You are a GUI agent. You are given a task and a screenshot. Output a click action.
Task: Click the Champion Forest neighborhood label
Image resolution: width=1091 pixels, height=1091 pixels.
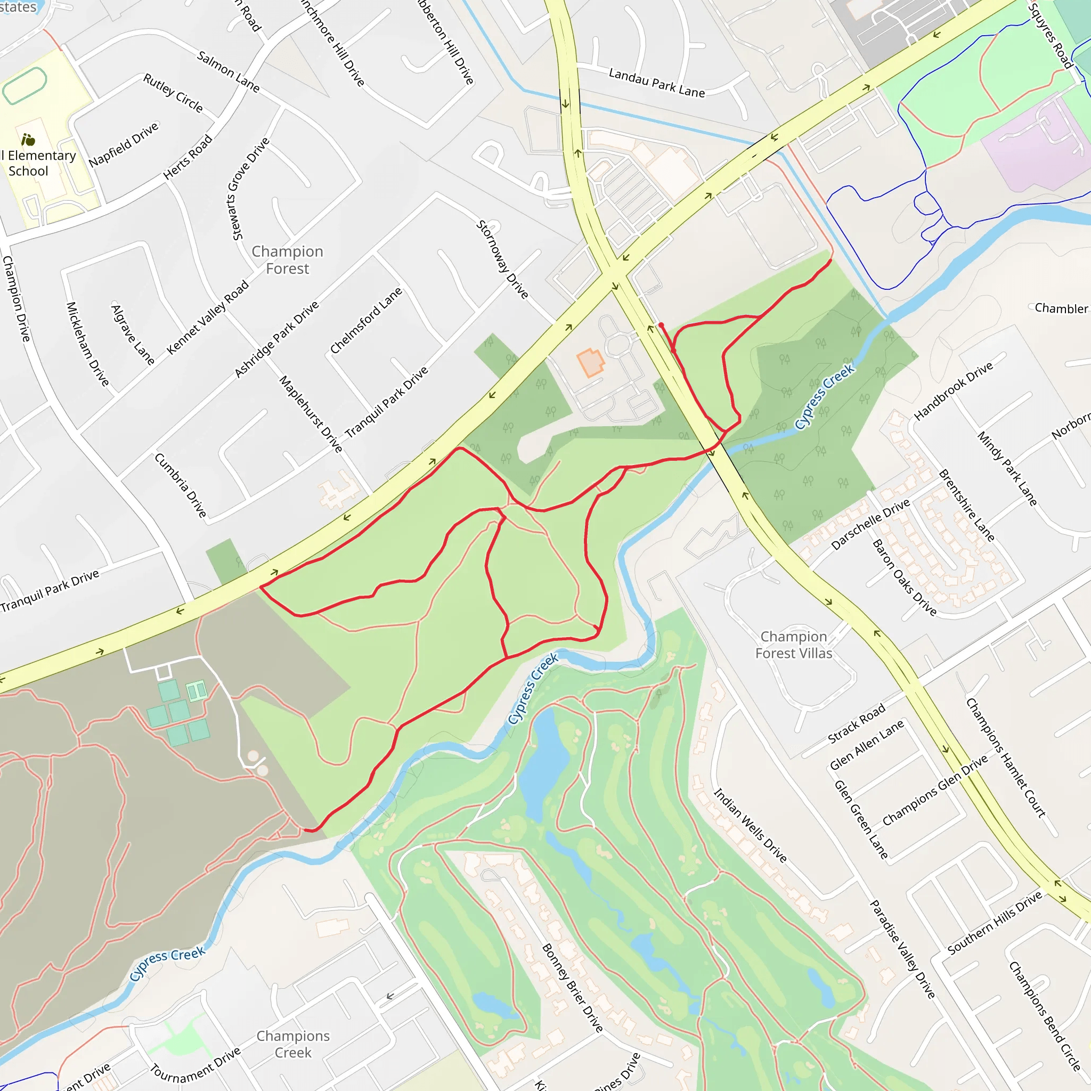coord(288,260)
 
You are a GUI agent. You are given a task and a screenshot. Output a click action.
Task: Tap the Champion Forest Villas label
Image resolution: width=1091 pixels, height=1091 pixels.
coord(793,645)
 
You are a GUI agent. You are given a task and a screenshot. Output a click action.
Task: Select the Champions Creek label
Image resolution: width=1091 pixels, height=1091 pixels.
coord(293,1044)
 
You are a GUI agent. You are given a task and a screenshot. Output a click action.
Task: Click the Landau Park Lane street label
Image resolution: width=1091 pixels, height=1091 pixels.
coord(657,83)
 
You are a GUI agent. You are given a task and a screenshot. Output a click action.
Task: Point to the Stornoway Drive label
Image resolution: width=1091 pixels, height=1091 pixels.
coord(502,259)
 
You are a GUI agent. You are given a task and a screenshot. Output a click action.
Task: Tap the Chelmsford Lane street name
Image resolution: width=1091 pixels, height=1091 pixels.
coord(366,321)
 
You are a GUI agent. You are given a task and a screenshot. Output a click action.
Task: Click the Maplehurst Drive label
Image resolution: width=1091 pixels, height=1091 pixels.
coord(311,414)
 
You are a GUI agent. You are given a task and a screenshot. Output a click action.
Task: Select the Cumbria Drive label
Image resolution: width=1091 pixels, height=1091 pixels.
coord(181,485)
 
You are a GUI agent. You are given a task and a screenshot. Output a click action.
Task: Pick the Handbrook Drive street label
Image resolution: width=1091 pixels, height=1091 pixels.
coord(953,392)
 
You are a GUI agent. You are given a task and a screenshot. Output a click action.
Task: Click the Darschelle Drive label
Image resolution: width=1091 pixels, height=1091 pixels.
coord(870,524)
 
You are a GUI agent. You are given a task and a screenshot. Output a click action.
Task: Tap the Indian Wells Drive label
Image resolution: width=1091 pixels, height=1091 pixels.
coord(750,825)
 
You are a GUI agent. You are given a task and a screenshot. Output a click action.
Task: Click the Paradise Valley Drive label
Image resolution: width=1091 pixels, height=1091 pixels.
coord(902,949)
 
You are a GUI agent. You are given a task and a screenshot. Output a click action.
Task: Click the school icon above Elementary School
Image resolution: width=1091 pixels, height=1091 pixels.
coord(28,139)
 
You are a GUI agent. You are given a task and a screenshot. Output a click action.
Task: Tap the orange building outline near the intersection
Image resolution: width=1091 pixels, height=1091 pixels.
coord(590,362)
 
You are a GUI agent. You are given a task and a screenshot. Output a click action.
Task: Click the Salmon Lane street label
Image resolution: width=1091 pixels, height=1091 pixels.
coord(228,72)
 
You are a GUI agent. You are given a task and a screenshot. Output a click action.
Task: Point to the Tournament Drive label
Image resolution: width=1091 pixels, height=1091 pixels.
coord(196,1063)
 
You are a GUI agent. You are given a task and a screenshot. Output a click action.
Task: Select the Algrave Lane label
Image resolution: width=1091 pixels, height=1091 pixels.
coord(133,335)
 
